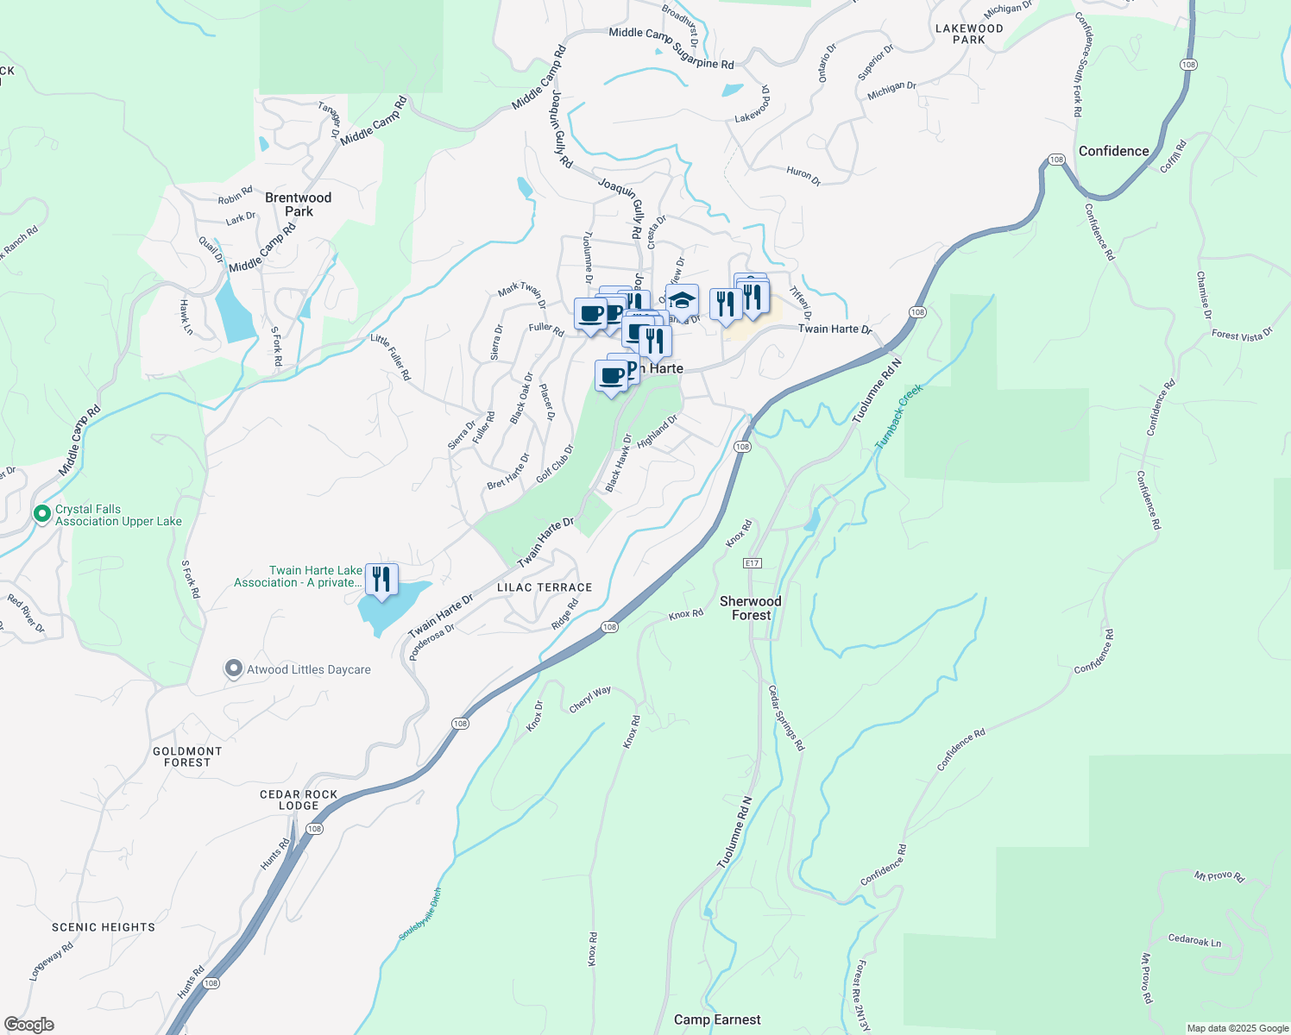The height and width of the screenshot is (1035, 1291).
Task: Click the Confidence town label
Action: pos(1113,151)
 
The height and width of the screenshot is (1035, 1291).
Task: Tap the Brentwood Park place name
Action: pos(299,204)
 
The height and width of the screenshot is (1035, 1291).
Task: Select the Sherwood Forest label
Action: pos(751,608)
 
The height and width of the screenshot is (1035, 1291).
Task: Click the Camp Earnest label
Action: pos(717,1019)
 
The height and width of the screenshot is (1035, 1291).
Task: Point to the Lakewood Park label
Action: pos(969,34)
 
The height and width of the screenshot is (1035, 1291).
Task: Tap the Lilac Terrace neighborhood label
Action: pos(545,587)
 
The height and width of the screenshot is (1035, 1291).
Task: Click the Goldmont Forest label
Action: pos(187,756)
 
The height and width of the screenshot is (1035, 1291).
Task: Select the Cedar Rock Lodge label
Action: pos(299,800)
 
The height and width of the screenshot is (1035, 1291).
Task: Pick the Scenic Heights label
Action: pos(104,927)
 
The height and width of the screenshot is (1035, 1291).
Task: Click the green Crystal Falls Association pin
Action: pos(41,514)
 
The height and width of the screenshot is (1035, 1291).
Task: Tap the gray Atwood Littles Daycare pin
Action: pos(233,668)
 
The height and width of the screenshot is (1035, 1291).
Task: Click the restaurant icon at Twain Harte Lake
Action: pos(381,579)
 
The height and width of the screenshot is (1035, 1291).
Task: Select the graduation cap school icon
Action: pos(682,300)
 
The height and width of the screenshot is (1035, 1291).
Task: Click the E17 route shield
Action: pos(753,563)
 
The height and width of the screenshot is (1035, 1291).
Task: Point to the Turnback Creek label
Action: pos(899,416)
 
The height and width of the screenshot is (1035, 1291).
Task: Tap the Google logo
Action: pos(29,1025)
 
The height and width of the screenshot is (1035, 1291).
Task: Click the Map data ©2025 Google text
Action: pos(1237,1028)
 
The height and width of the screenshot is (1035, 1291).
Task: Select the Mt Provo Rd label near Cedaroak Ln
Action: pos(1147,978)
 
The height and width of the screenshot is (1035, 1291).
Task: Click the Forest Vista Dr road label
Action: pos(1242,335)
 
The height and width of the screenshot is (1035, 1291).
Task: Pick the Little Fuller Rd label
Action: pos(391,357)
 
